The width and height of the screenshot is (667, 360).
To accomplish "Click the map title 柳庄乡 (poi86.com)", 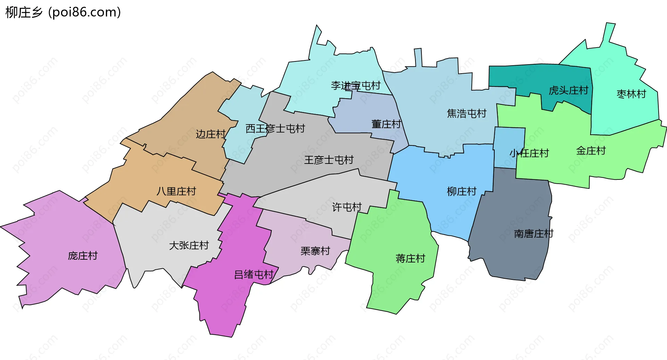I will click(63, 12).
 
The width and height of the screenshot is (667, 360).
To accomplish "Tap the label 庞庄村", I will click(83, 256).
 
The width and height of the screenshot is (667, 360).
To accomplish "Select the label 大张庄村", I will click(189, 245).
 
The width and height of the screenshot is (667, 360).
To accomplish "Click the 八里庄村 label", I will click(176, 191).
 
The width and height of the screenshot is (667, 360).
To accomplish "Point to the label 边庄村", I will click(211, 134).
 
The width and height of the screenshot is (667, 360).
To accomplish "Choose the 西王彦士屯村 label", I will click(275, 129).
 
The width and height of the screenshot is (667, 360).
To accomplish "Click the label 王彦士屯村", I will click(329, 160).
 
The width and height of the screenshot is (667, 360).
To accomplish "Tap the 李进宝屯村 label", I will click(356, 86).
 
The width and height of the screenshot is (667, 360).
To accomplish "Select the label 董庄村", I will click(386, 124).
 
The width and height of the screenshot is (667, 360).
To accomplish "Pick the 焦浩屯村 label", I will click(467, 114).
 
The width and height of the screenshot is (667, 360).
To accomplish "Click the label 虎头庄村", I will click(568, 91).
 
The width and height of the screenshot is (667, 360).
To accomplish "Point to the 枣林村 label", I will click(631, 94).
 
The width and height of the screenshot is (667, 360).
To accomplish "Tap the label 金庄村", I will click(591, 151).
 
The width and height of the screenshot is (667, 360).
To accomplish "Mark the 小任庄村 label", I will click(529, 153).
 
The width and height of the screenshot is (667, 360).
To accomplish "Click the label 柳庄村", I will click(462, 191).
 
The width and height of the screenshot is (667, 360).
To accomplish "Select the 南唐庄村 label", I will click(534, 234).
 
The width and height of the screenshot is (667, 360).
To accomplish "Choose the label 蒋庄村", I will click(410, 259).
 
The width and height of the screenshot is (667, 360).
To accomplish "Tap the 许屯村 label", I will click(347, 207).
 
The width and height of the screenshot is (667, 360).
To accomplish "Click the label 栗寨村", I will click(315, 251).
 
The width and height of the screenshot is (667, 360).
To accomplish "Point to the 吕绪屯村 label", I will click(254, 275).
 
